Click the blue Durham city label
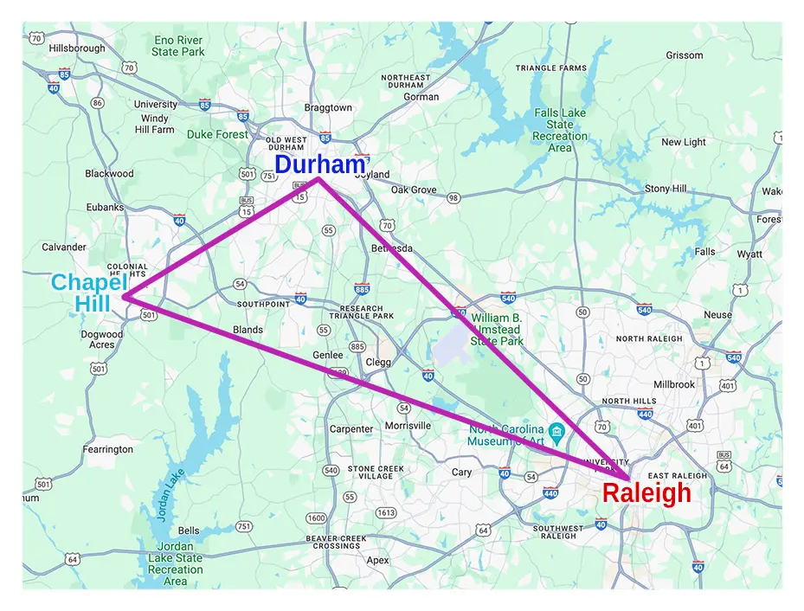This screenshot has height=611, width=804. click(319, 164)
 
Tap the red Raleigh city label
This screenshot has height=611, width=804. click(646, 493)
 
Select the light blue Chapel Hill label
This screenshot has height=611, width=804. click(89, 293)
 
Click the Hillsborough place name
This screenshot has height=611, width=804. click(77, 48)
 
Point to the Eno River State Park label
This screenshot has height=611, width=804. click(178, 46)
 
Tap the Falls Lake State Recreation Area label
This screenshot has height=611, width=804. click(559, 130)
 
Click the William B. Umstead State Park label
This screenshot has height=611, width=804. click(497, 330)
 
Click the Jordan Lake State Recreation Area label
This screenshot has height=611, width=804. click(176, 563)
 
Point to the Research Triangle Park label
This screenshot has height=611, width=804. click(362, 313)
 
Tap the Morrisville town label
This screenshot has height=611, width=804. click(408, 426)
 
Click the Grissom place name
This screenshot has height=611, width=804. click(685, 55)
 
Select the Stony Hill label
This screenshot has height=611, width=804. click(666, 189)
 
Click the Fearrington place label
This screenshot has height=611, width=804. click(107, 449)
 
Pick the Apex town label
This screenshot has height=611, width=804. click(377, 560)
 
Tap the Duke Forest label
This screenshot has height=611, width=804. click(217, 134)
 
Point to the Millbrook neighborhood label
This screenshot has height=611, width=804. click(674, 383)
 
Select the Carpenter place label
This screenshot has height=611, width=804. click(351, 429)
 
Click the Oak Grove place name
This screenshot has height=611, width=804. click(414, 190)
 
